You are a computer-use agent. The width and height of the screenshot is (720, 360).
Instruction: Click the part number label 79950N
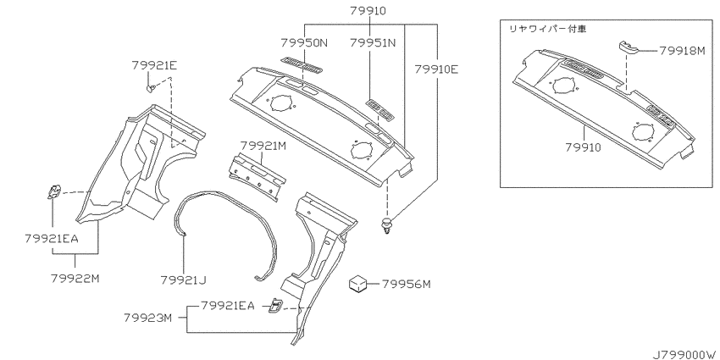pos(304,43)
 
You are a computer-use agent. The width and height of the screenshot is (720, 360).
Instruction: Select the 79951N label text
pos(373,43)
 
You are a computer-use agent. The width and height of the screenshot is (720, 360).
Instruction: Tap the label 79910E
pos(436,69)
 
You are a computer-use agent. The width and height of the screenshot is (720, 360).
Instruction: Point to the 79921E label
pos(154,66)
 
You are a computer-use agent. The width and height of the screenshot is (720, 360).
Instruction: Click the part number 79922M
pos(75,279)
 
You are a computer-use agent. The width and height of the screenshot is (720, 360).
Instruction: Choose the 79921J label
pos(183,280)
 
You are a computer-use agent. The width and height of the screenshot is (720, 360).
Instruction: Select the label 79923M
pos(147,318)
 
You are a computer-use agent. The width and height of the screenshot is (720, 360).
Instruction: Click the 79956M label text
pos(407,285)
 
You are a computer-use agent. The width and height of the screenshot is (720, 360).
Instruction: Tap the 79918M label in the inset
pos(682,51)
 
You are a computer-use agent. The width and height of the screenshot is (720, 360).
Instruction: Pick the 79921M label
pos(263,146)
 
